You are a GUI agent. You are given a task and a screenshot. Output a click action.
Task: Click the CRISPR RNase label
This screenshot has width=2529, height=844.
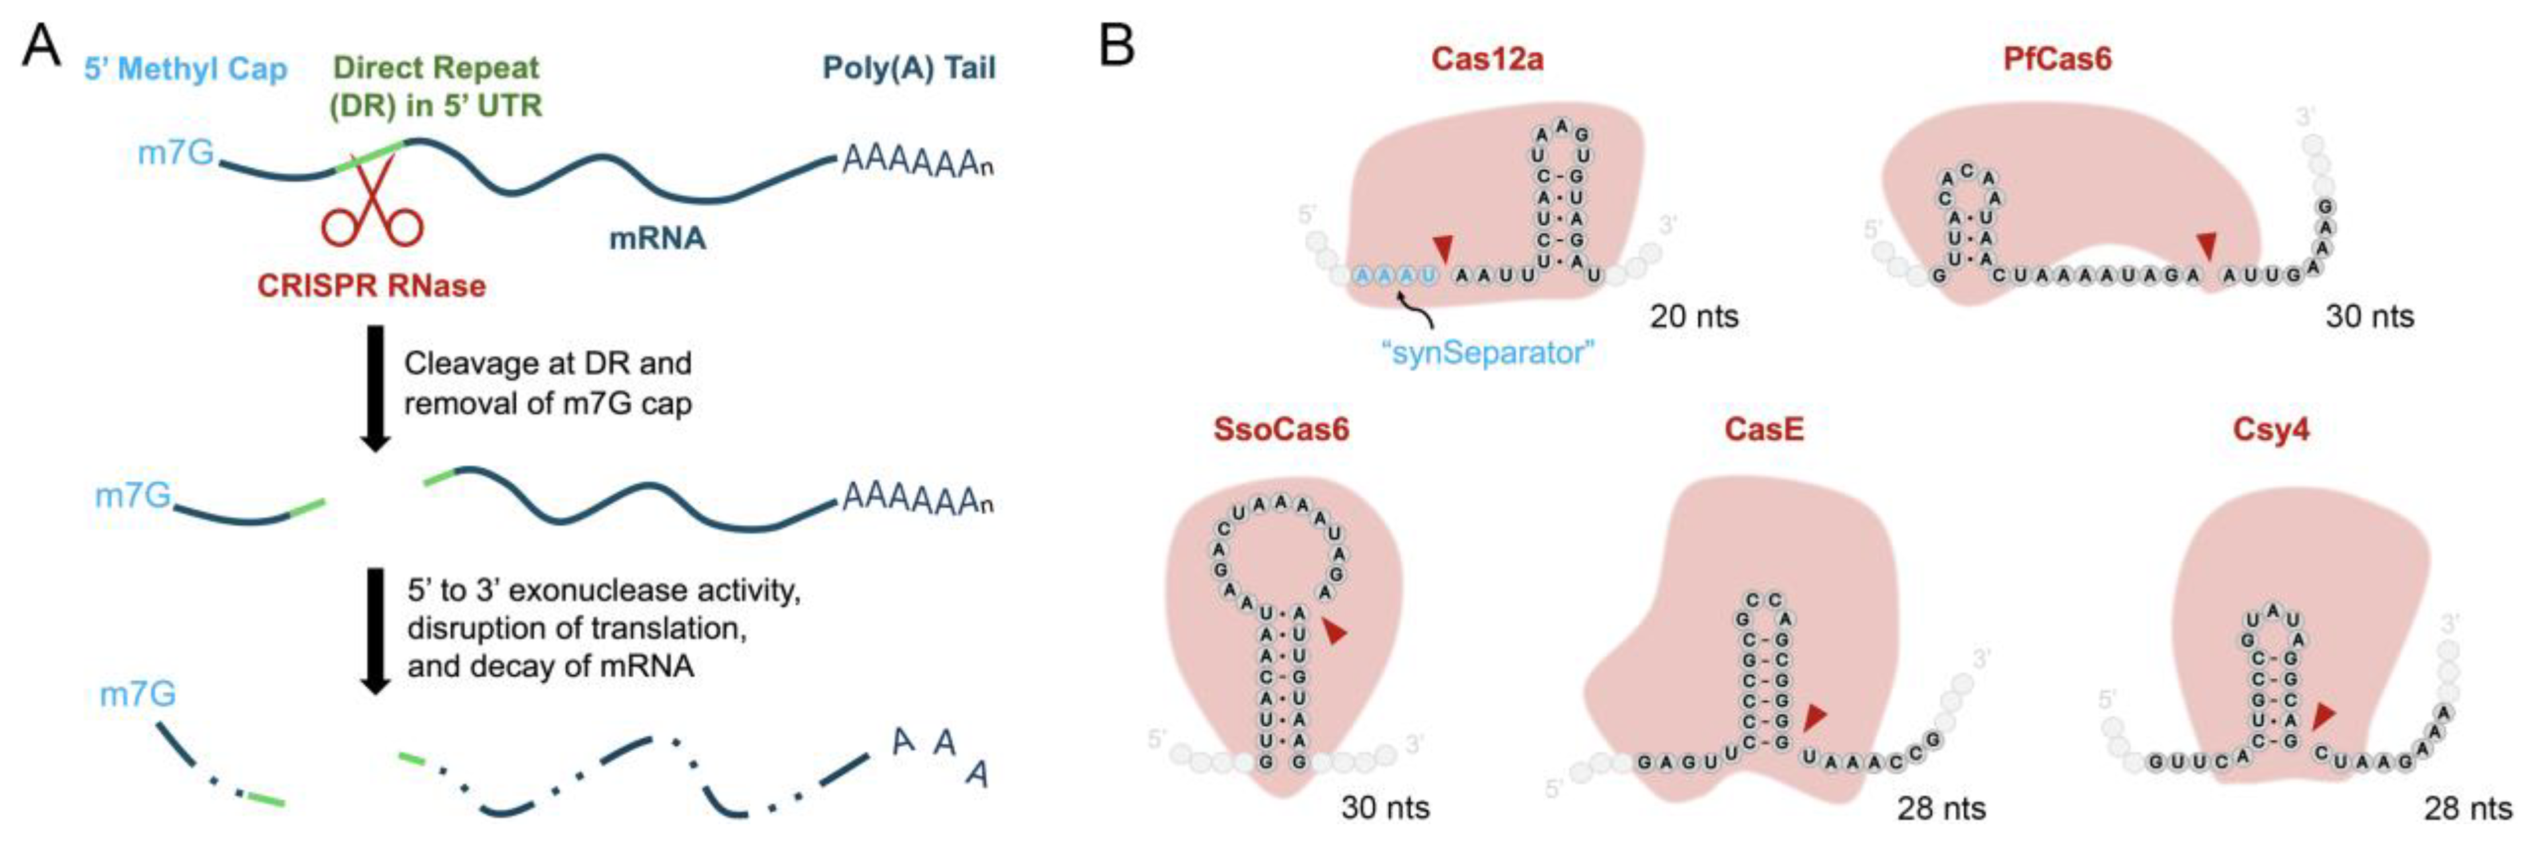(371, 286)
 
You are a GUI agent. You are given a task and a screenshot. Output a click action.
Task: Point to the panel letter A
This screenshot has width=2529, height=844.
(40, 45)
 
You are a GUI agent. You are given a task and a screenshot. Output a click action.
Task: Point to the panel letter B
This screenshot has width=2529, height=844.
(1116, 45)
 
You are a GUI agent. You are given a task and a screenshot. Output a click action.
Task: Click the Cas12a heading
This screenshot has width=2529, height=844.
(1487, 59)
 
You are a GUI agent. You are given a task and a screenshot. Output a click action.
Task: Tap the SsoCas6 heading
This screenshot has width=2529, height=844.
(1281, 429)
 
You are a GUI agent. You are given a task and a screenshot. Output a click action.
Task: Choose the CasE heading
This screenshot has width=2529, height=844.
(1764, 429)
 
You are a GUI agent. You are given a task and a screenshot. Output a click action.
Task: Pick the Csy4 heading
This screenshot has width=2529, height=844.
(2270, 429)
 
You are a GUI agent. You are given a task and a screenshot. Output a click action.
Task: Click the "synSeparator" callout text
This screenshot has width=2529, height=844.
(1487, 352)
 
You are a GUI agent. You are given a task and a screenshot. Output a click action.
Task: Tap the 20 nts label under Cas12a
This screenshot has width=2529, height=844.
(1693, 316)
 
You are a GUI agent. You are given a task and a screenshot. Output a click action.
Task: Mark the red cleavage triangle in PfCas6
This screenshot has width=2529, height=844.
(2206, 245)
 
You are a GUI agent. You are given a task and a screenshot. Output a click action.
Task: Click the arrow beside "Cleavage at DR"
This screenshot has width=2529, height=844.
(375, 388)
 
